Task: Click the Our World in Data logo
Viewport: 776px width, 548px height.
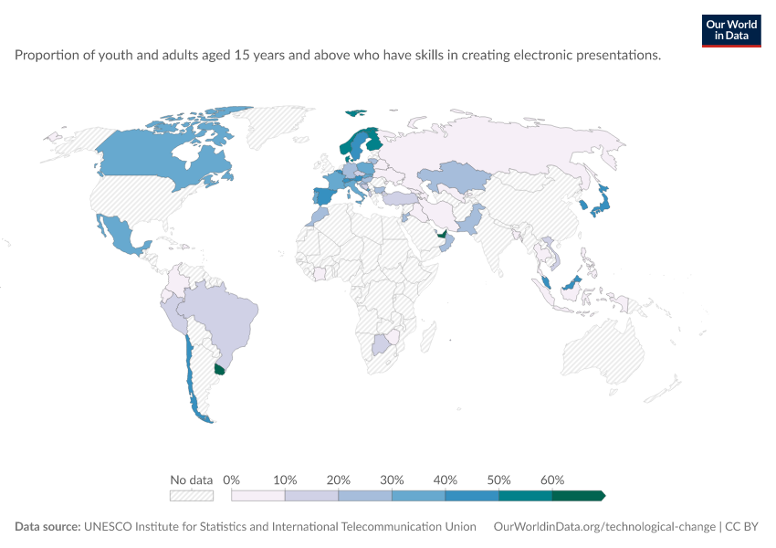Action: pyautogui.click(x=731, y=31)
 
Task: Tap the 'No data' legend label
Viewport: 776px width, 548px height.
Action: pyautogui.click(x=191, y=479)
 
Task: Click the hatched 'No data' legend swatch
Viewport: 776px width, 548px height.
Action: pyautogui.click(x=192, y=496)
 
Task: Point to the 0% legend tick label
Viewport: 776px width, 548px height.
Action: pyautogui.click(x=231, y=479)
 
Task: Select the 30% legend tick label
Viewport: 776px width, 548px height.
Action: pyautogui.click(x=392, y=479)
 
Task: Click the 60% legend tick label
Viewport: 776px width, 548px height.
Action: pyautogui.click(x=551, y=479)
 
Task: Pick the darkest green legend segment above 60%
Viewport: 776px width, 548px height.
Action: pyautogui.click(x=579, y=496)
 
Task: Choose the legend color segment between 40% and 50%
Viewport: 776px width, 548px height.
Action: pyautogui.click(x=472, y=496)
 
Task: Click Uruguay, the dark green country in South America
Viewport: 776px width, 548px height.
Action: pyautogui.click(x=220, y=369)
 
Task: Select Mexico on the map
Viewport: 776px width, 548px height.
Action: pyautogui.click(x=121, y=235)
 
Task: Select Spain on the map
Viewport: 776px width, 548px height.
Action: pyautogui.click(x=324, y=196)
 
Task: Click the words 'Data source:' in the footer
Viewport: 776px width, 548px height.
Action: pyautogui.click(x=47, y=526)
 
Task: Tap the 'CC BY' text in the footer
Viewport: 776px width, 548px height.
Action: pyautogui.click(x=741, y=526)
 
